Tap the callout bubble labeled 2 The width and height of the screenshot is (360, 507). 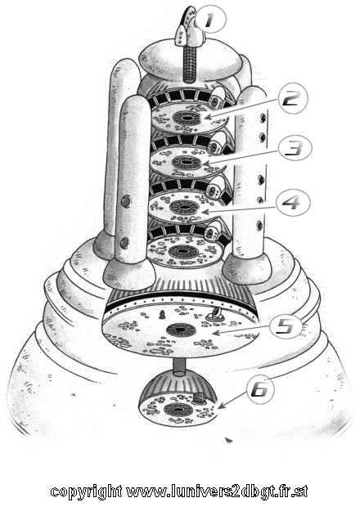(293, 97)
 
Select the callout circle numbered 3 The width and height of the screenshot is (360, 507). (295, 149)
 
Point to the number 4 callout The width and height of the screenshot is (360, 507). (294, 203)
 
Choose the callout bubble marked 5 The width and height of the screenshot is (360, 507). (286, 326)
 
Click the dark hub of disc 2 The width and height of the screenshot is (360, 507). (187, 118)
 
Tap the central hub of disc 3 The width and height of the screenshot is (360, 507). (187, 162)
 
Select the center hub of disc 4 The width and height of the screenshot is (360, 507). (184, 207)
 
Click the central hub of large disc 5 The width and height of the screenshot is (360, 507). (181, 330)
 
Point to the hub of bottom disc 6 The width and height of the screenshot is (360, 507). (178, 410)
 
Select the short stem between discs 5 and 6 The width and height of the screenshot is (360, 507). (179, 367)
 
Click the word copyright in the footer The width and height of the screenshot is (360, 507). (86, 491)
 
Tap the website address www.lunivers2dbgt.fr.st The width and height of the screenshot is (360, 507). (217, 491)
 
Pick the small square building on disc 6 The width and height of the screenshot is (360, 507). (200, 398)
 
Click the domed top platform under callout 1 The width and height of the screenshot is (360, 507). (190, 61)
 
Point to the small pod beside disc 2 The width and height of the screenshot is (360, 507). (218, 97)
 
